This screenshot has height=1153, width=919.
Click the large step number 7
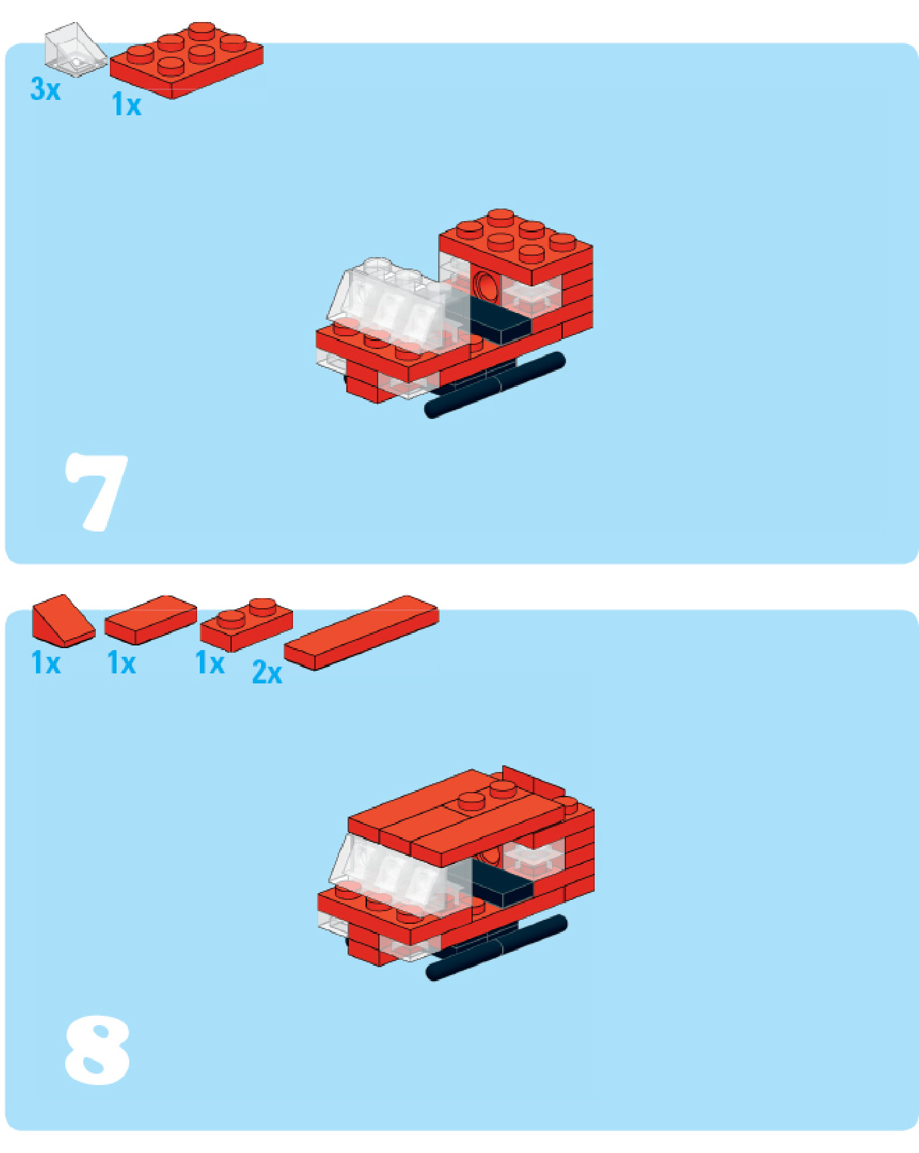click(x=97, y=492)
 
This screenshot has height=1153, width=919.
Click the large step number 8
click(x=97, y=1050)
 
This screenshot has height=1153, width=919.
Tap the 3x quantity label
click(x=45, y=89)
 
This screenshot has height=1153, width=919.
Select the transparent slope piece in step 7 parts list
click(x=75, y=48)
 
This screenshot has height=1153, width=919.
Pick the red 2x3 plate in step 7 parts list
click(x=186, y=60)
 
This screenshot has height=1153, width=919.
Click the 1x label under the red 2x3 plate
click(x=127, y=105)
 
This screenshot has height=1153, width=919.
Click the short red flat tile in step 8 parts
click(x=151, y=619)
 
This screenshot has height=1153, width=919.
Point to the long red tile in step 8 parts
click(x=362, y=633)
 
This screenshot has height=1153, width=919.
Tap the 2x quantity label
click(x=267, y=673)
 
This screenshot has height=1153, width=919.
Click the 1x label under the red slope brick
click(x=46, y=663)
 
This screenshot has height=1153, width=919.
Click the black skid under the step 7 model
click(x=495, y=385)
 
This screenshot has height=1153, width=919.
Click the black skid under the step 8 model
click(x=497, y=947)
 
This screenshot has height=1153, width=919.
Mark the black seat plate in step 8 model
click(x=503, y=883)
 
